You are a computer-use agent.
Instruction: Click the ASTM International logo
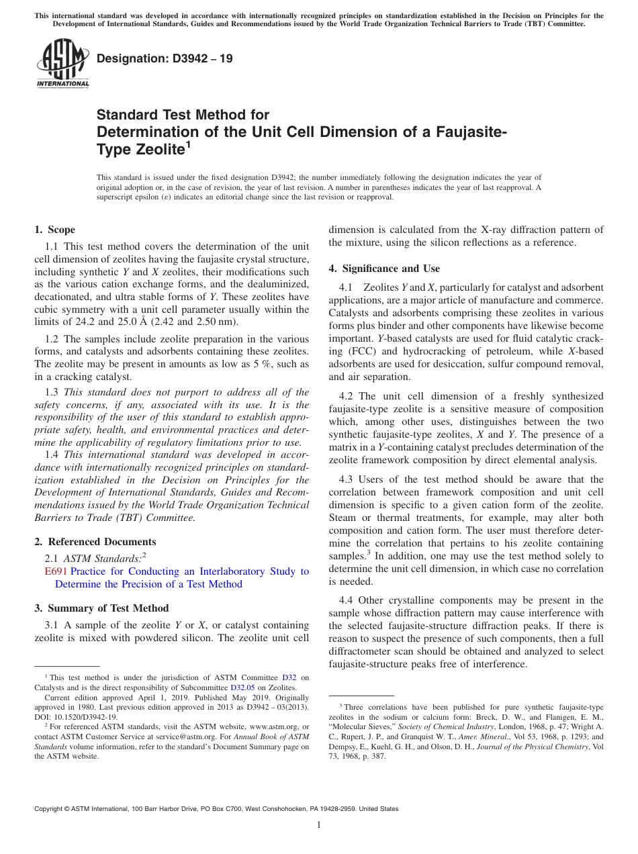coord(62,63)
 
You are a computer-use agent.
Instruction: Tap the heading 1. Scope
coord(55,230)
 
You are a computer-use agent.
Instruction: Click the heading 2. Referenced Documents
coord(95,542)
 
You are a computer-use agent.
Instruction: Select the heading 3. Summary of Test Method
coord(101,608)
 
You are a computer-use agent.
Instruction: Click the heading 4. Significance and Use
coord(384,269)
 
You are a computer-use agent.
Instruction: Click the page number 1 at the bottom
coord(319,825)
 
